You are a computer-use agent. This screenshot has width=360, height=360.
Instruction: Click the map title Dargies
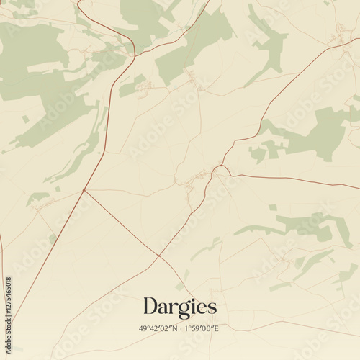[179, 307]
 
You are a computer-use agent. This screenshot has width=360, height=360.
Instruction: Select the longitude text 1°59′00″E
[202, 328]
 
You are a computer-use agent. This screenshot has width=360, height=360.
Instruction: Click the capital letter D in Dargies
[150, 306]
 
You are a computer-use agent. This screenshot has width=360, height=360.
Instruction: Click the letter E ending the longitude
[217, 328]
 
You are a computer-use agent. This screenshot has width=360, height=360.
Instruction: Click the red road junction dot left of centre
[84, 190]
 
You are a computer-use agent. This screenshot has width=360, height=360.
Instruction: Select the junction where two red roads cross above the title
[158, 255]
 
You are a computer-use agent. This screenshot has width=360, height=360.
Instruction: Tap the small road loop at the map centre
[220, 170]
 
